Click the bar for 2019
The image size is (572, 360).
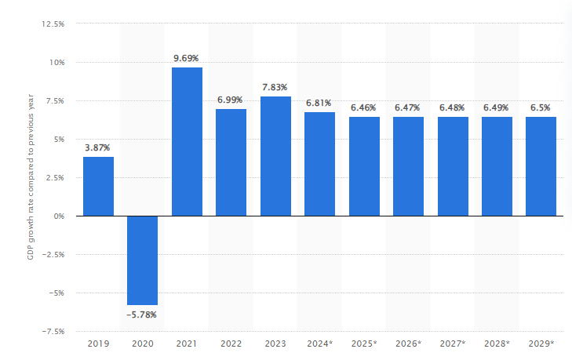tap(98, 186)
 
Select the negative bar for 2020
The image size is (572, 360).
tap(142, 260)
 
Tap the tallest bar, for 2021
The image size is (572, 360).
tap(187, 141)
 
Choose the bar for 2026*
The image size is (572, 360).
tap(408, 166)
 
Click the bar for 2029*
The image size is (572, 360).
tap(541, 166)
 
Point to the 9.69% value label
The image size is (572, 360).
tap(187, 57)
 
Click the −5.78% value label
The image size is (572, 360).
tap(142, 315)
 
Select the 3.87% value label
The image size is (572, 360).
tap(98, 147)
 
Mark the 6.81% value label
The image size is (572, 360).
tap(319, 102)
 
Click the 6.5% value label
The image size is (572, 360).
tap(541, 107)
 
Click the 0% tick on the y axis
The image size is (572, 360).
tap(59, 216)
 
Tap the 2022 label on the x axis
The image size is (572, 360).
tap(231, 344)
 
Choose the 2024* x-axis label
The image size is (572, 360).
tap(319, 344)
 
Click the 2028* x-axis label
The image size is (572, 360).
tap(497, 344)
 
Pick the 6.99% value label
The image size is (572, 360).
tap(231, 100)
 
